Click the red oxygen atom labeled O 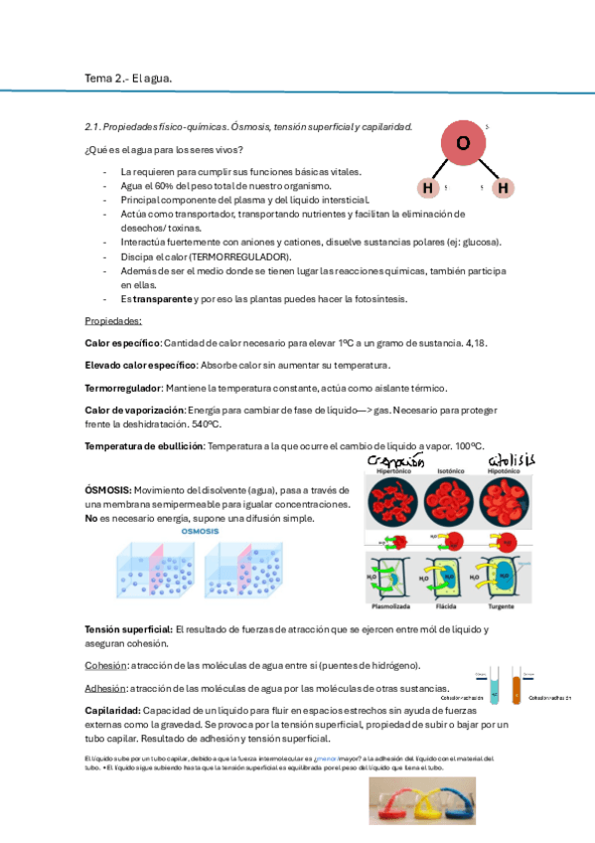[462, 143]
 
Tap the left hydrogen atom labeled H [427, 187]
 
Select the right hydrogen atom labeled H [503, 187]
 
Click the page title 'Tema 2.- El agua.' [128, 78]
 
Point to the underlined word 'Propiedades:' [113, 321]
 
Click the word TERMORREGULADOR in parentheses [232, 256]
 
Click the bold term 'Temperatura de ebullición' [143, 445]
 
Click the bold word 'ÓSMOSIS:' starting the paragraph [108, 490]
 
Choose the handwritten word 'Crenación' [395, 462]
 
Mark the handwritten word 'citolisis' [511, 459]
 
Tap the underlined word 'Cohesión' [105, 665]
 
